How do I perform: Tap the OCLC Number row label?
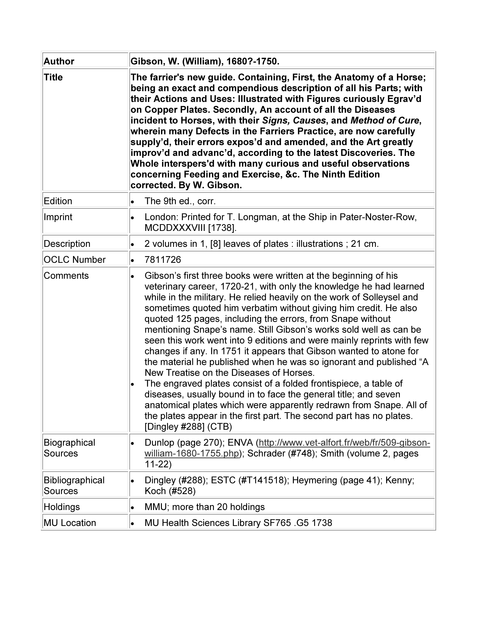(75, 260)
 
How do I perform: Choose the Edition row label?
(58, 201)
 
